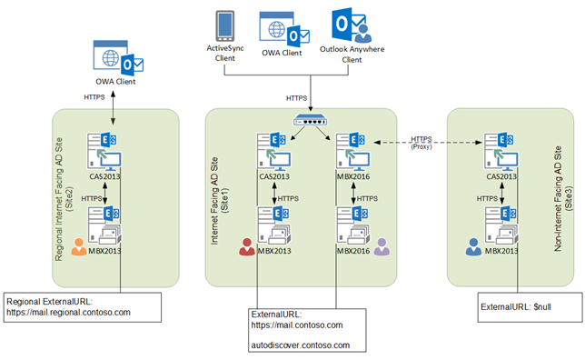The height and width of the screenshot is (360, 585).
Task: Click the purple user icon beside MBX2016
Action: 381,244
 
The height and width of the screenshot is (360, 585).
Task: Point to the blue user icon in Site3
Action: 471,243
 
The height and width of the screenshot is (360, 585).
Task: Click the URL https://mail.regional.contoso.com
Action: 69,312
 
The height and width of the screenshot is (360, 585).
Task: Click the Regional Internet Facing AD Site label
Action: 64,194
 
